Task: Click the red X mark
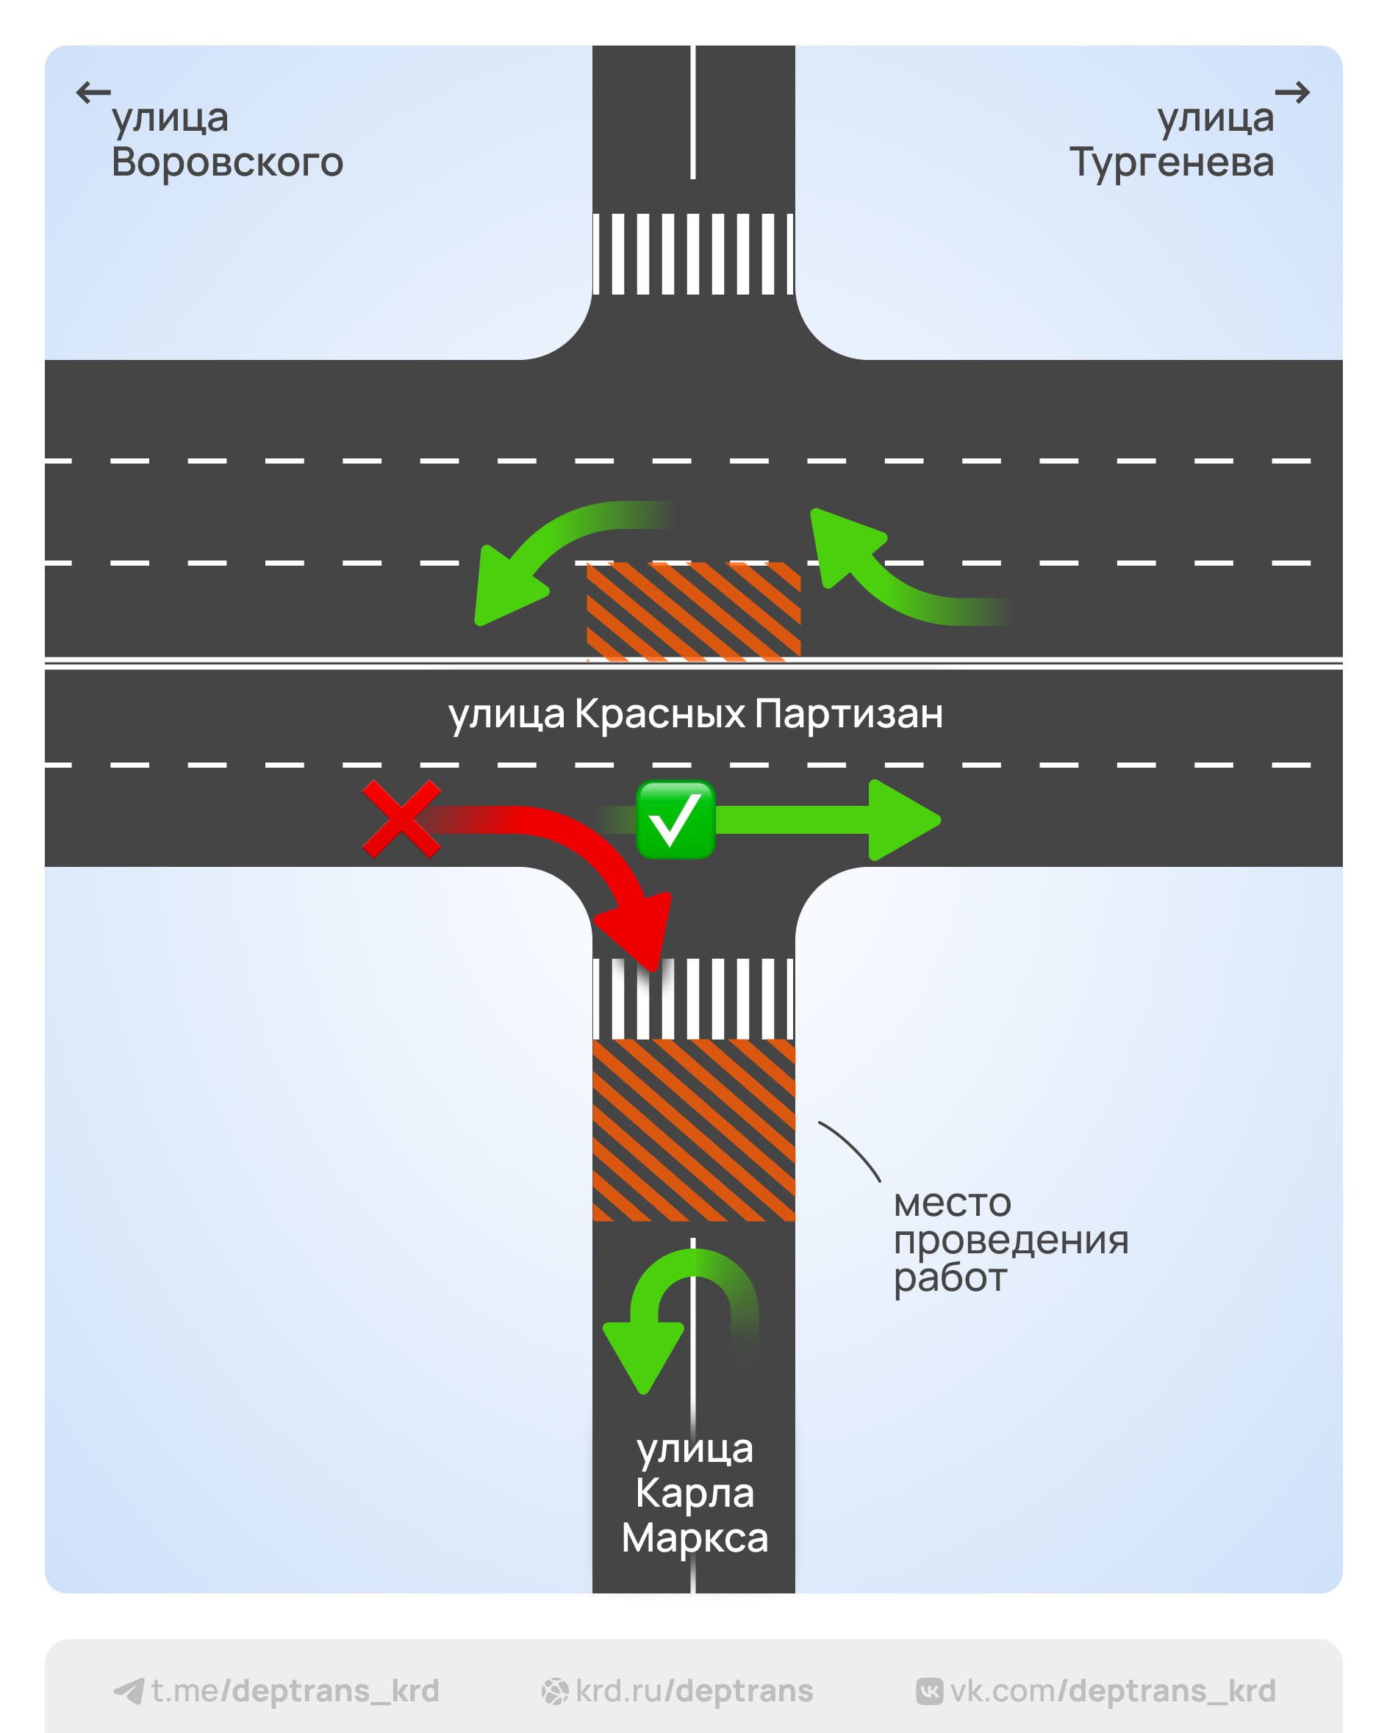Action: click(x=401, y=819)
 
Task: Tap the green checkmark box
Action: click(x=675, y=820)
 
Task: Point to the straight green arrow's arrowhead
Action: click(x=902, y=820)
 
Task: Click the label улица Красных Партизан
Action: click(x=695, y=714)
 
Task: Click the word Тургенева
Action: click(x=1171, y=162)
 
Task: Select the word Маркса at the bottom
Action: click(x=695, y=1538)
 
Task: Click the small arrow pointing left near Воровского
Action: click(x=93, y=93)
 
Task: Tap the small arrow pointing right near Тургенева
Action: click(x=1292, y=93)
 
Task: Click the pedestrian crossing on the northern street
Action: click(x=693, y=254)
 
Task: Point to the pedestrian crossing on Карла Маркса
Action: click(x=693, y=998)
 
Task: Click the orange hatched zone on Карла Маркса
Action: click(x=693, y=1129)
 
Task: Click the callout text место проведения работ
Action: click(x=1010, y=1239)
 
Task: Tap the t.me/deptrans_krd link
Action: click(x=294, y=1691)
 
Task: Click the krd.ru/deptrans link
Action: click(x=694, y=1691)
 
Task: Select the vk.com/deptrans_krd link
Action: click(x=1112, y=1691)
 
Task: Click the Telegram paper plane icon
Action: click(x=129, y=1691)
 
